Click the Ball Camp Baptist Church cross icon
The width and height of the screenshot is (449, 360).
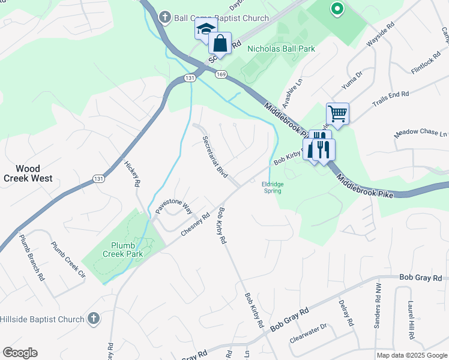tap(164, 17)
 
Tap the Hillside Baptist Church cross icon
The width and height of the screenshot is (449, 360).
tap(93, 319)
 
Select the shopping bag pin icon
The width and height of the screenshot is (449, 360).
tap(220, 44)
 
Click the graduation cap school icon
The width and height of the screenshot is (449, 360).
tap(205, 29)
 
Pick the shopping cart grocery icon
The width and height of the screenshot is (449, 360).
tap(337, 113)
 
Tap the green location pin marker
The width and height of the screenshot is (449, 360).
tap(337, 9)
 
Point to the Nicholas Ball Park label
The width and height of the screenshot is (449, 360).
tap(282, 48)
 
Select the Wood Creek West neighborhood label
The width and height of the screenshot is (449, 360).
tap(28, 173)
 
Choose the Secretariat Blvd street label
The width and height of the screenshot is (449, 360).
tap(215, 156)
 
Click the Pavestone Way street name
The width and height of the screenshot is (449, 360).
tap(173, 206)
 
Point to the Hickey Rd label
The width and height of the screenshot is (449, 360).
tap(132, 173)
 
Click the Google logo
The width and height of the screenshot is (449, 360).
tap(20, 353)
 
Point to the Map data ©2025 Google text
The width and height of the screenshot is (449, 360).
tap(412, 355)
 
